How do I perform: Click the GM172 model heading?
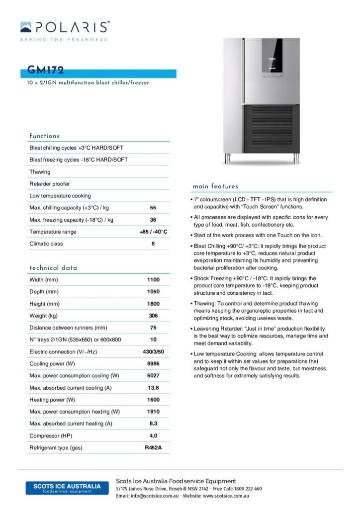46,71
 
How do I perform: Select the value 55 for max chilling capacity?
153,208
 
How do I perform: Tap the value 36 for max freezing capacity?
153,220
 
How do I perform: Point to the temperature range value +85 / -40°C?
153,232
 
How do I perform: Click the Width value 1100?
153,280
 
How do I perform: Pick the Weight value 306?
153,316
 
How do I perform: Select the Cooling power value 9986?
153,364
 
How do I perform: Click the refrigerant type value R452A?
153,448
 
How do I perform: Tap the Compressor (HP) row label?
51,436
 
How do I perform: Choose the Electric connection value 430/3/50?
153,352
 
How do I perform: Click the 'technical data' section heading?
53,268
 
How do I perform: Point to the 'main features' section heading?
215,186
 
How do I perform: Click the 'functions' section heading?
44,136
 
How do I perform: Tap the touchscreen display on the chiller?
273,59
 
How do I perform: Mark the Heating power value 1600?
153,400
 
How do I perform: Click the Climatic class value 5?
153,244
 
